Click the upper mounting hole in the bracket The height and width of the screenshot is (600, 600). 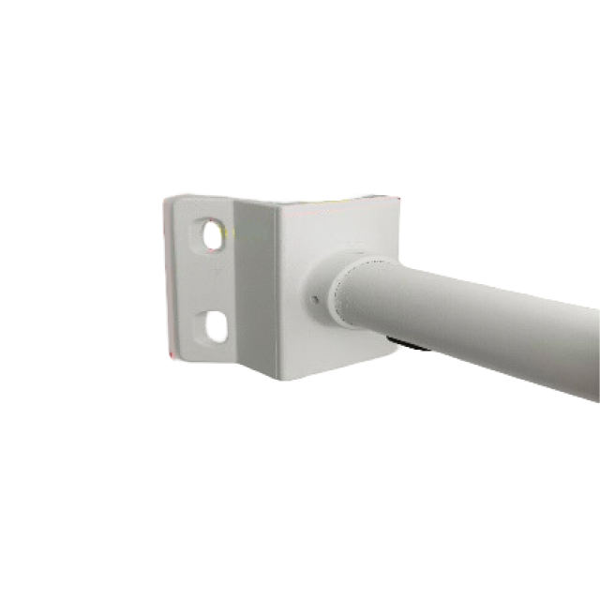[x=215, y=234]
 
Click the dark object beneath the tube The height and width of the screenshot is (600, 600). [x=412, y=348]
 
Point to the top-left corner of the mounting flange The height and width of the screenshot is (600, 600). [x=167, y=197]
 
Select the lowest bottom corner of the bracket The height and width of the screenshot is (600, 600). [x=277, y=380]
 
